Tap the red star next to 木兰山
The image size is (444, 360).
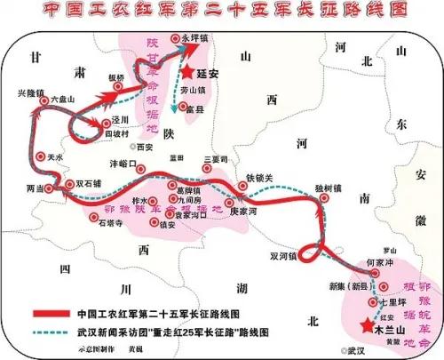365,324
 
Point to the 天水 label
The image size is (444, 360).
55,156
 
